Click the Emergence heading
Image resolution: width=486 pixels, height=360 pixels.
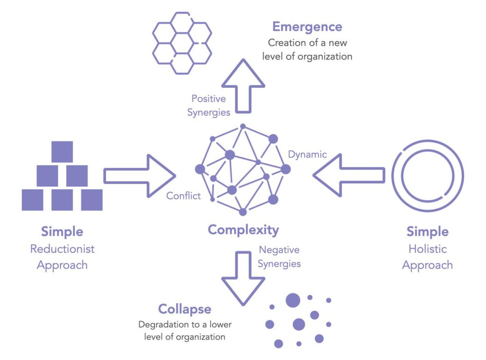[x=307, y=27]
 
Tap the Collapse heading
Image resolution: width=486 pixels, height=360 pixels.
[x=185, y=309]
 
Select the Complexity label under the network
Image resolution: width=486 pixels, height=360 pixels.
[x=243, y=230]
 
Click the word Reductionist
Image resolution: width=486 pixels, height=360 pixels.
[x=62, y=249]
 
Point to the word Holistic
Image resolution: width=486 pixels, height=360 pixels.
[x=427, y=249]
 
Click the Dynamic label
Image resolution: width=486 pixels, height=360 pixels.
[x=308, y=154]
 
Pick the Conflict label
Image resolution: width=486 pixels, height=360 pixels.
[x=183, y=195]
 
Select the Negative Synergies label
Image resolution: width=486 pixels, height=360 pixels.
[x=279, y=257]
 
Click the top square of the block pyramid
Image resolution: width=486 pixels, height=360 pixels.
[x=62, y=152]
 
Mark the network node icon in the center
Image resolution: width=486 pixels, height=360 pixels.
[x=243, y=170]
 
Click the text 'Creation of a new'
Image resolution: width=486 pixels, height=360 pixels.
[x=308, y=43]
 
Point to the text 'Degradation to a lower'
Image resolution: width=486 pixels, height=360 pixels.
[x=185, y=325]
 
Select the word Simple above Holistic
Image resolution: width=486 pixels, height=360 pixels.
[x=427, y=232]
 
